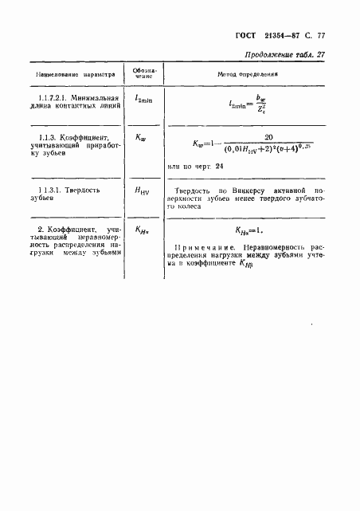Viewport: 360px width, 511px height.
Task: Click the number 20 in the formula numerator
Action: (256, 136)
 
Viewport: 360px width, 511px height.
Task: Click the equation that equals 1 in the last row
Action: (251, 231)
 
